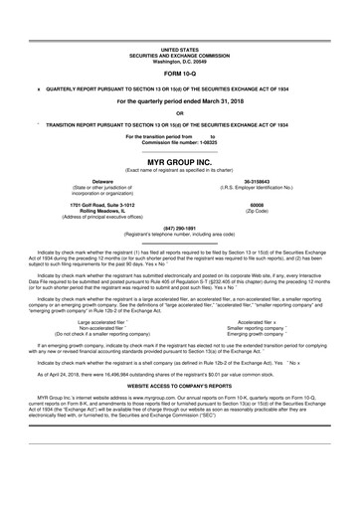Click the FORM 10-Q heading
[180, 73]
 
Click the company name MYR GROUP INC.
[180, 160]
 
